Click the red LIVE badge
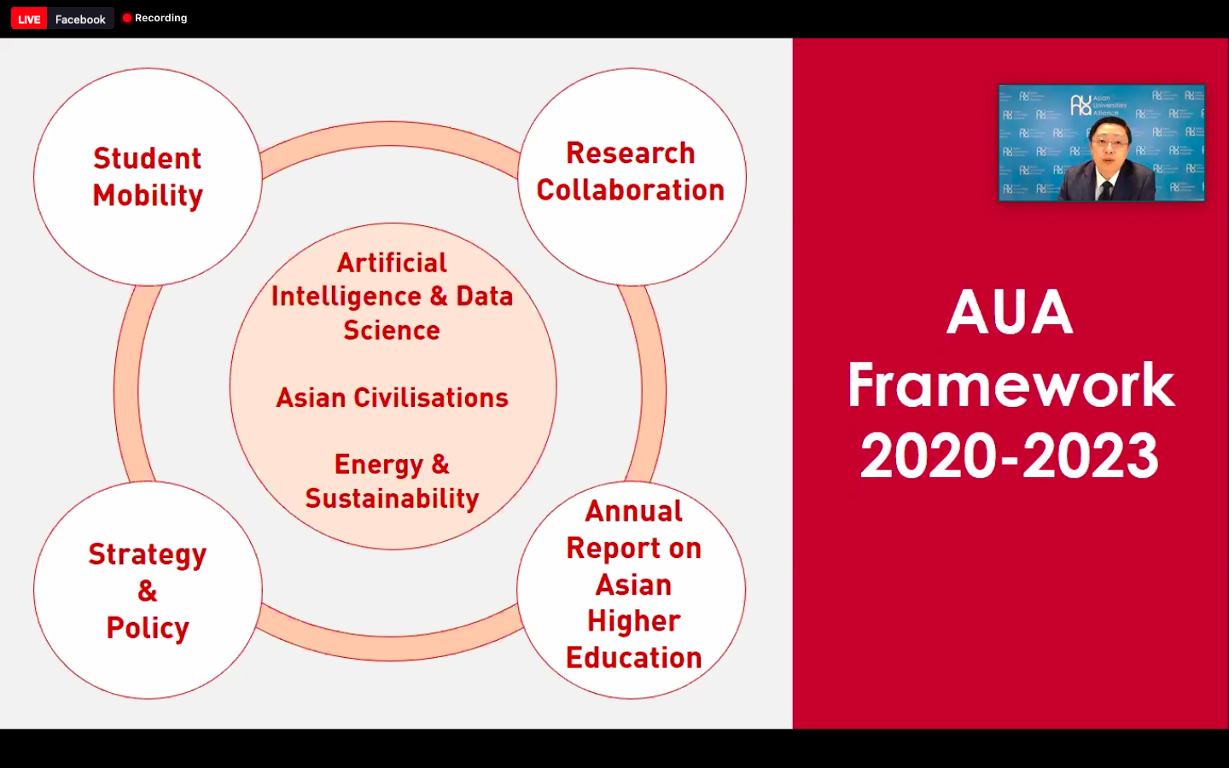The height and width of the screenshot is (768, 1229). pyautogui.click(x=28, y=19)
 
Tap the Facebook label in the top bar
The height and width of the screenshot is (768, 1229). pyautogui.click(x=80, y=20)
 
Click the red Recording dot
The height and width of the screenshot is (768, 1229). pyautogui.click(x=126, y=18)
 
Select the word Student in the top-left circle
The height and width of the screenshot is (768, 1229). pyautogui.click(x=147, y=159)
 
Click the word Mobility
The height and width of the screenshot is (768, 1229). pyautogui.click(x=148, y=196)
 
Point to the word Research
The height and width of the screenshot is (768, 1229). pyautogui.click(x=631, y=153)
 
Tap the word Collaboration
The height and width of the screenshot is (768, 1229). pyautogui.click(x=631, y=189)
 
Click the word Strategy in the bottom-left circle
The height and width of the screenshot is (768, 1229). pyautogui.click(x=148, y=556)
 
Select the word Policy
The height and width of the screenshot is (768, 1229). pyautogui.click(x=148, y=628)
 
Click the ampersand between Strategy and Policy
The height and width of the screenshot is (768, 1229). pyautogui.click(x=147, y=591)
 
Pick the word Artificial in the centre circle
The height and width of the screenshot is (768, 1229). pyautogui.click(x=392, y=263)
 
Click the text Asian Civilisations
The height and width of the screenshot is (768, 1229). pyautogui.click(x=392, y=398)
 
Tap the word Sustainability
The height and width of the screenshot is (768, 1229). pyautogui.click(x=392, y=498)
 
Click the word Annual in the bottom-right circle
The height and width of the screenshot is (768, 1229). pyautogui.click(x=633, y=511)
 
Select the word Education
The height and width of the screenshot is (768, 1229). pyautogui.click(x=633, y=658)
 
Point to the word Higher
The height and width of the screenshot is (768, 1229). pyautogui.click(x=633, y=621)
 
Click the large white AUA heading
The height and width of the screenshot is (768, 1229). pyautogui.click(x=1011, y=312)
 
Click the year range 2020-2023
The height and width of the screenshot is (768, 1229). pyautogui.click(x=1010, y=456)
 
